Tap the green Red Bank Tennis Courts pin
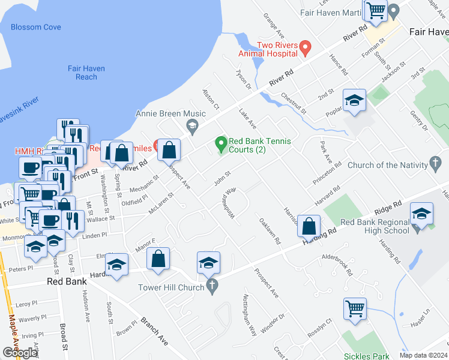click(x=221, y=144)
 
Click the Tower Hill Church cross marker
click(x=211, y=287)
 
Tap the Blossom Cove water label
click(x=35, y=27)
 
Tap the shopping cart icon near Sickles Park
click(x=355, y=310)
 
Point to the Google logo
click(x=20, y=353)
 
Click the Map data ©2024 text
click(x=423, y=355)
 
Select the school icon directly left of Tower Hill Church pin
click(x=208, y=263)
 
